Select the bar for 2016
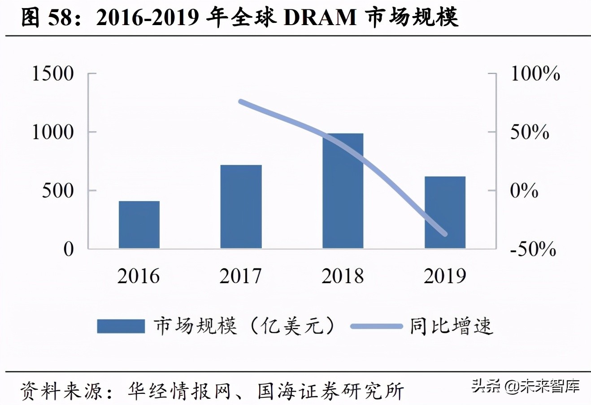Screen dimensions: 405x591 139,224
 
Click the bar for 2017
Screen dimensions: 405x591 241,207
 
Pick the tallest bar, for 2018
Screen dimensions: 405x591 343,191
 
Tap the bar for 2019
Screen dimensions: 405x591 445,212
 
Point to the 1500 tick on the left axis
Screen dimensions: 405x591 52,73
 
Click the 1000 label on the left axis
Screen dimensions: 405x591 52,132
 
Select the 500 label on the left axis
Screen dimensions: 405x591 58,190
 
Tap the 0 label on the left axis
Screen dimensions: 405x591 68,249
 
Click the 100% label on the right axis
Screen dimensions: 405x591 535,73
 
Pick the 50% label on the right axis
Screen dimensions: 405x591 530,132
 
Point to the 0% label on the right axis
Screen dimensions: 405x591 524,190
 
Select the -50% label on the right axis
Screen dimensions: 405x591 533,249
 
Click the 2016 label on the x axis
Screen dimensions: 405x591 139,276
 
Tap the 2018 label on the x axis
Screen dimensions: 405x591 343,276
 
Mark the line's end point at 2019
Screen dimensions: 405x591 445,233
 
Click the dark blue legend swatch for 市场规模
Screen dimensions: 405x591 121,326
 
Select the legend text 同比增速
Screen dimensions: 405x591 451,326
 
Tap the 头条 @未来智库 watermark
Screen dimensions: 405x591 525,386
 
